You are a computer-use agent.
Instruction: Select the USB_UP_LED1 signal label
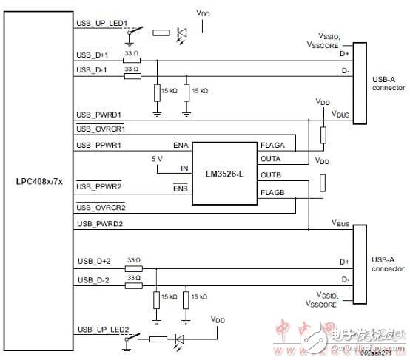point(102,23)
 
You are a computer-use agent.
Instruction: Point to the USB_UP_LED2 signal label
point(102,330)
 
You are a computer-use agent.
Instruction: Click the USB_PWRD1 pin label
point(99,115)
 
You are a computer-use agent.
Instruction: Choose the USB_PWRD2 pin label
point(99,223)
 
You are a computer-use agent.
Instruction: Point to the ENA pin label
point(181,145)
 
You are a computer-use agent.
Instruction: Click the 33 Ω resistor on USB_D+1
point(132,61)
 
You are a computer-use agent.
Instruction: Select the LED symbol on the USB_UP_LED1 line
point(183,33)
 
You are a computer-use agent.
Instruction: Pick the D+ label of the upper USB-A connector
point(343,54)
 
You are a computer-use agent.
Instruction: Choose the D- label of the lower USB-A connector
point(343,279)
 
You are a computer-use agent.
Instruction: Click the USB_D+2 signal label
point(93,261)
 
